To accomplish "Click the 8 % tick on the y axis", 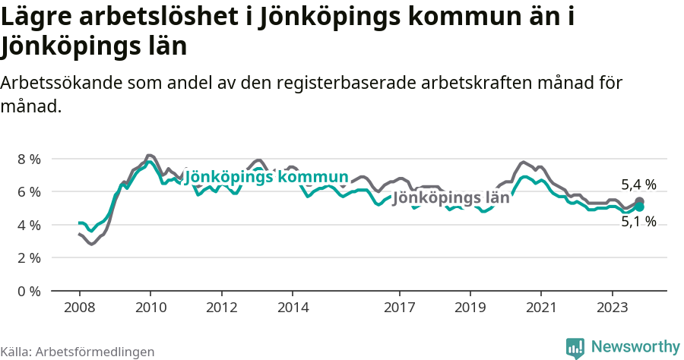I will (x=29, y=159).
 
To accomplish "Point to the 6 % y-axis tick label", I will (x=29, y=191).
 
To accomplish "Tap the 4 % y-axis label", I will (x=29, y=225).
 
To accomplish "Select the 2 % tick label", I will (x=29, y=257).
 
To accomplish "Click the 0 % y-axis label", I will (x=29, y=291).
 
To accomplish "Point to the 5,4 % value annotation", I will (x=638, y=185).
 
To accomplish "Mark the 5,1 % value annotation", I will (x=638, y=222).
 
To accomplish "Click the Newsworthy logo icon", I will (x=575, y=348).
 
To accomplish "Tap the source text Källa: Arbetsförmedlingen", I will (x=78, y=352).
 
